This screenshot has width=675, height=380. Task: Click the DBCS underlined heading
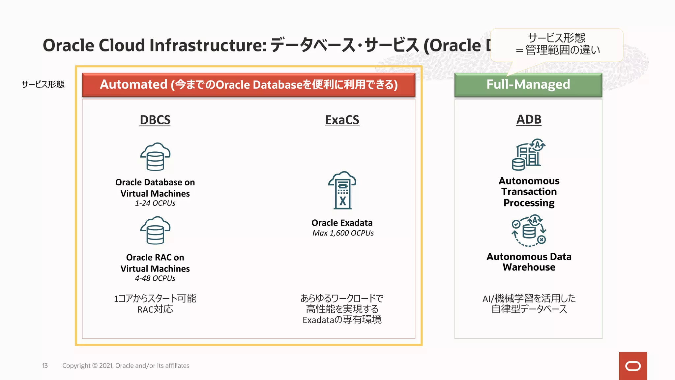[x=155, y=120]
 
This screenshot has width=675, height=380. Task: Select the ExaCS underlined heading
[x=342, y=120]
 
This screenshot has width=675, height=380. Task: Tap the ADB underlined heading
[x=529, y=119]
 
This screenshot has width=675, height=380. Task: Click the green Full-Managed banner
[x=528, y=85]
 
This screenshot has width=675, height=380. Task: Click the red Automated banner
[x=249, y=85]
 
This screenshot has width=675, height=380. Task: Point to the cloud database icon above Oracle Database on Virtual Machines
[x=155, y=157]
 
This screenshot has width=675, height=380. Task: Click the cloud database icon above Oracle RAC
[x=155, y=230]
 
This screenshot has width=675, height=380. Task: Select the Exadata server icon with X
[x=342, y=190]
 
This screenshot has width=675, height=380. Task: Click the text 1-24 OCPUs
[x=155, y=203]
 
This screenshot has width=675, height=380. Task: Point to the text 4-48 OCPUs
[x=155, y=278]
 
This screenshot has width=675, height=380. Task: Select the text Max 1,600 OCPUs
[x=343, y=233]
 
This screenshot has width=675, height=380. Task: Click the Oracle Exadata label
[x=342, y=223]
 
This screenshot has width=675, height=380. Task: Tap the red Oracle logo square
[x=633, y=366]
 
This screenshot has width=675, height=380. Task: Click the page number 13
[x=45, y=366]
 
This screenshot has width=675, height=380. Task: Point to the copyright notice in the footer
[x=126, y=366]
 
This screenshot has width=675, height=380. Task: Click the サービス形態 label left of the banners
[x=43, y=84]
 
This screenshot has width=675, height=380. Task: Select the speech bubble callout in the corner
[x=557, y=45]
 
